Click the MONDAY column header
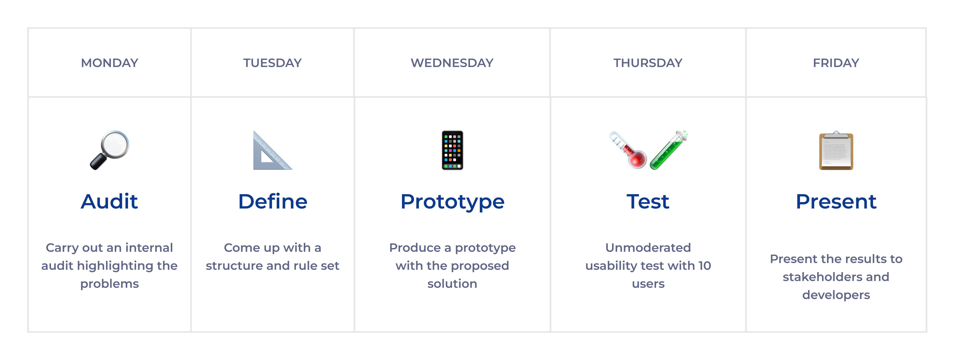pos(109,63)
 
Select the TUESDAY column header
pos(272,63)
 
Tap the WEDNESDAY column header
pos(452,63)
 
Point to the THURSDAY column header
pos(648,63)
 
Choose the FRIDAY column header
pos(836,63)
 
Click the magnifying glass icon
pos(109,150)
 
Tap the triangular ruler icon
pos(272,150)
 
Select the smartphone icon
pos(452,150)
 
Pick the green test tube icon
pos(668,150)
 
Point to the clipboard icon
pos(836,150)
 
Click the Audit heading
pos(109,201)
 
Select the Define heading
pos(273,201)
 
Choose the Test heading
pos(648,201)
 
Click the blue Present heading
pos(836,201)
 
